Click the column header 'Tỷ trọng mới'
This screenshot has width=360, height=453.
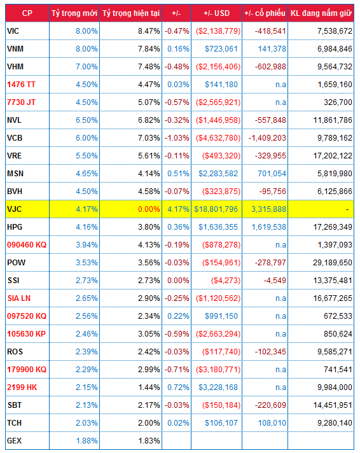(x=74, y=13)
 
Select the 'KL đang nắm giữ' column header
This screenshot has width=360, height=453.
(x=321, y=13)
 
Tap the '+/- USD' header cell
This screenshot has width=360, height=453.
(x=216, y=13)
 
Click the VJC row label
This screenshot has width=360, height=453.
(x=14, y=209)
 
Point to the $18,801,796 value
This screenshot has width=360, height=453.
(x=216, y=209)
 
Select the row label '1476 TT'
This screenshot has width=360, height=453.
(x=21, y=85)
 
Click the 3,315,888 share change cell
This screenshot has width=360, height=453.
(x=268, y=209)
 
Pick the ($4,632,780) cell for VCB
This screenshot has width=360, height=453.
(x=218, y=138)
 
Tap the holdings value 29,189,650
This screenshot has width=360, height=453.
(x=333, y=263)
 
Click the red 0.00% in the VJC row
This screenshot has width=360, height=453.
(x=149, y=209)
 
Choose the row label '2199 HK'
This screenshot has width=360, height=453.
(x=22, y=387)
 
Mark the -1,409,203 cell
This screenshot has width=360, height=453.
(x=267, y=138)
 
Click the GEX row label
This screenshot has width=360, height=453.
(x=14, y=441)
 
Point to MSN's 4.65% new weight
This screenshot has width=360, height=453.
(x=87, y=174)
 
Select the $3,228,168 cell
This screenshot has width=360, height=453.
(x=218, y=387)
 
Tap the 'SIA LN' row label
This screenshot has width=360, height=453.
(x=19, y=298)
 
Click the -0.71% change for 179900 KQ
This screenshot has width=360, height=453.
(x=177, y=370)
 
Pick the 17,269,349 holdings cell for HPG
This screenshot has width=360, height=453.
(x=333, y=227)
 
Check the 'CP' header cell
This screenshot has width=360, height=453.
(x=27, y=13)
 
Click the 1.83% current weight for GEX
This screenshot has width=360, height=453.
(x=149, y=441)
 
